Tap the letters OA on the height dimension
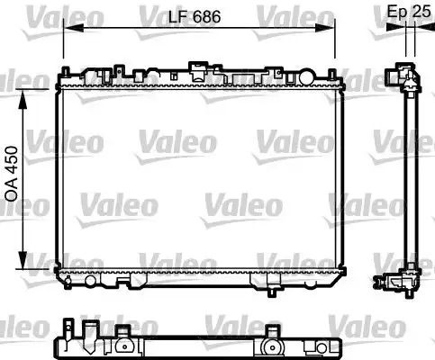(x=12, y=193)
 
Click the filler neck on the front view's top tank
(x=196, y=67)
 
